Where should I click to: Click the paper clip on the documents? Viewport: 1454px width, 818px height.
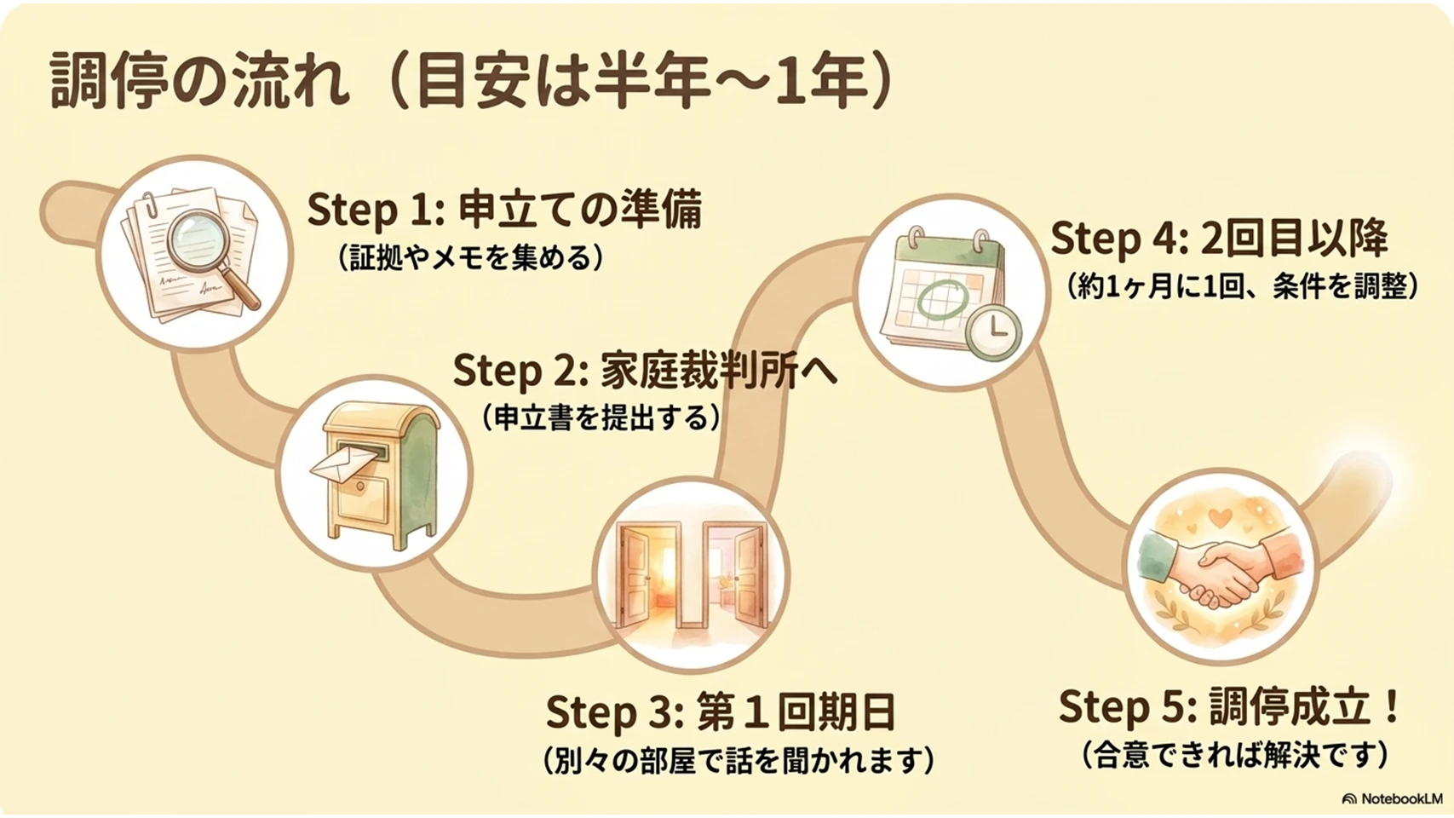click(152, 205)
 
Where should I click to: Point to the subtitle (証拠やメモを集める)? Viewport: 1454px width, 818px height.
click(471, 258)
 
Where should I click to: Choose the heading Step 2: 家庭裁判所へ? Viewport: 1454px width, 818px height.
click(645, 371)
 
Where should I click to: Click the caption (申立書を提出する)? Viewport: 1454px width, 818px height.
click(601, 418)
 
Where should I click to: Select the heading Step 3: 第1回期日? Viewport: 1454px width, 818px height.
click(721, 711)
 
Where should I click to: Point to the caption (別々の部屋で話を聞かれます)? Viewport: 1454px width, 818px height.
click(738, 760)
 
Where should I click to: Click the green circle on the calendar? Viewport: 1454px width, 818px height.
click(942, 299)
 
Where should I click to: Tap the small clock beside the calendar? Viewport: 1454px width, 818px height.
click(993, 331)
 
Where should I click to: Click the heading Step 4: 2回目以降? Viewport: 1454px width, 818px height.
click(1219, 239)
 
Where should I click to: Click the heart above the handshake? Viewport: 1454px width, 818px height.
click(1221, 518)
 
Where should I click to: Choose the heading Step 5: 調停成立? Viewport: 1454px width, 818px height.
click(1228, 707)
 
